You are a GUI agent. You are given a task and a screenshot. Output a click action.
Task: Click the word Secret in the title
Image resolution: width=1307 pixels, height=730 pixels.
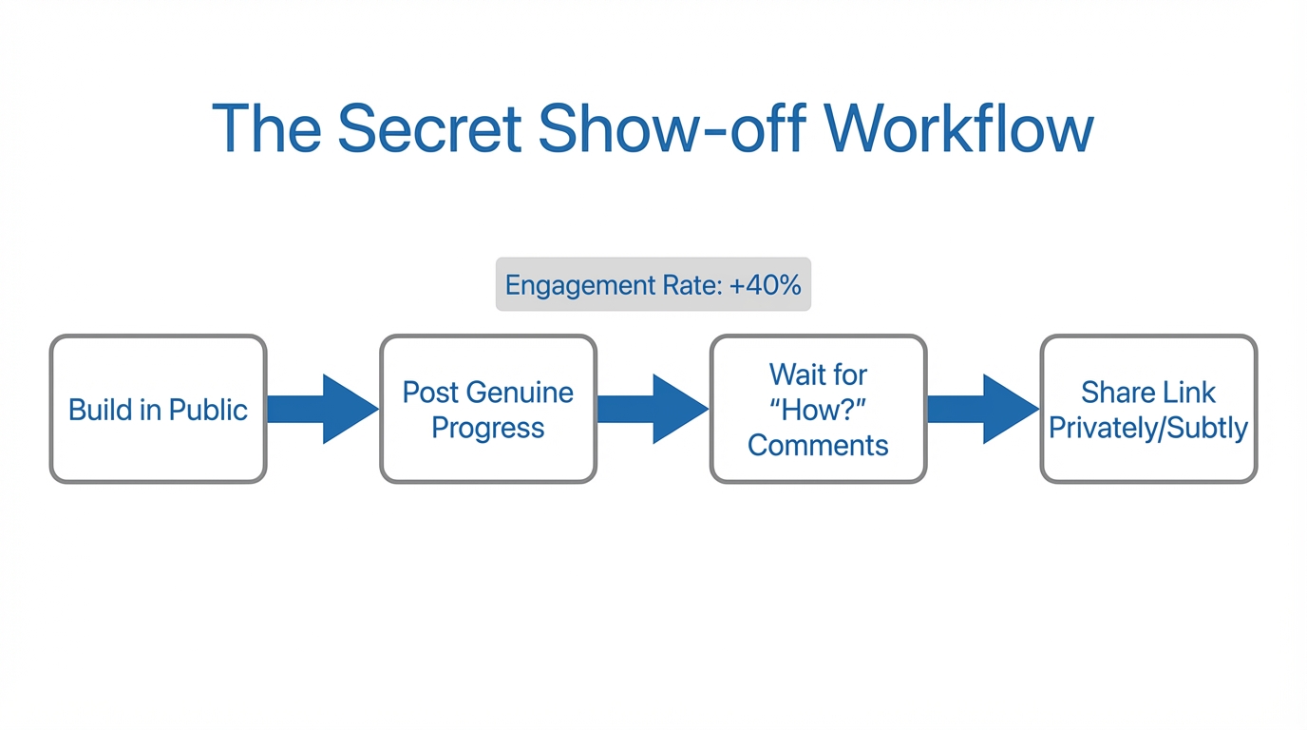pyautogui.click(x=428, y=128)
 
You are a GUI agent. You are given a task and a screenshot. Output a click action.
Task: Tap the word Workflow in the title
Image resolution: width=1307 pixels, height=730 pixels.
pyautogui.click(x=958, y=128)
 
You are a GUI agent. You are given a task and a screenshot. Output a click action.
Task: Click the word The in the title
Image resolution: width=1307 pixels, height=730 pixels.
pyautogui.click(x=267, y=128)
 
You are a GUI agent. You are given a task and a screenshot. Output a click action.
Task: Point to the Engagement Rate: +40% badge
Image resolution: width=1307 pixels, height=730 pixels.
pyautogui.click(x=653, y=284)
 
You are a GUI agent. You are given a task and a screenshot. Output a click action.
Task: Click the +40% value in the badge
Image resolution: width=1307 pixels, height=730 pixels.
pyautogui.click(x=765, y=284)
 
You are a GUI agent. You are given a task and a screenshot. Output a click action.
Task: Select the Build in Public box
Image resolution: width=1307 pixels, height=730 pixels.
pyautogui.click(x=158, y=409)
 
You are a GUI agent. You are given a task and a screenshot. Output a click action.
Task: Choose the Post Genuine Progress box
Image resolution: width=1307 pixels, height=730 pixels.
pyautogui.click(x=487, y=409)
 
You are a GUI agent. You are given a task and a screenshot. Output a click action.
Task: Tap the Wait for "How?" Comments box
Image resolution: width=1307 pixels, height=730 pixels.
pyautogui.click(x=818, y=409)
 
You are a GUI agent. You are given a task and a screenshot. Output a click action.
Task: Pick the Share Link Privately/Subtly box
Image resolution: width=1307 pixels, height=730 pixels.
pyautogui.click(x=1147, y=409)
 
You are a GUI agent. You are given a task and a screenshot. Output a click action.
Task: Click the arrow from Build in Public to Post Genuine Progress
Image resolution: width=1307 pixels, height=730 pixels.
pyautogui.click(x=322, y=409)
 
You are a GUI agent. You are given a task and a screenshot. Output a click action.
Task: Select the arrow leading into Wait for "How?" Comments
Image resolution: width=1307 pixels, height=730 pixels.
pyautogui.click(x=653, y=409)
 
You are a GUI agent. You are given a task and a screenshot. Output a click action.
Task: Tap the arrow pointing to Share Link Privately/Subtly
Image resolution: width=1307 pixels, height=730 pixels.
pyautogui.click(x=982, y=409)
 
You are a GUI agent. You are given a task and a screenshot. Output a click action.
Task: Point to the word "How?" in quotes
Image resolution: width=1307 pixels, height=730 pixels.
pyautogui.click(x=818, y=409)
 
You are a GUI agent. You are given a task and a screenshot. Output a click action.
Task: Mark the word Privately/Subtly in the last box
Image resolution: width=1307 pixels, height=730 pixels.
pyautogui.click(x=1147, y=428)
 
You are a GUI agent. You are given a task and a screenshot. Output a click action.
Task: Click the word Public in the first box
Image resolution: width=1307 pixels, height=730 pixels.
pyautogui.click(x=208, y=410)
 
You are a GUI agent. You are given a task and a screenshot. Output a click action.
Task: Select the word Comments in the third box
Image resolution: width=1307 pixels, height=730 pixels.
pyautogui.click(x=818, y=445)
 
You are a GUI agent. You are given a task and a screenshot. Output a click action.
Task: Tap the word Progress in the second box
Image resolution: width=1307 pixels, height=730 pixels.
pyautogui.click(x=487, y=428)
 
